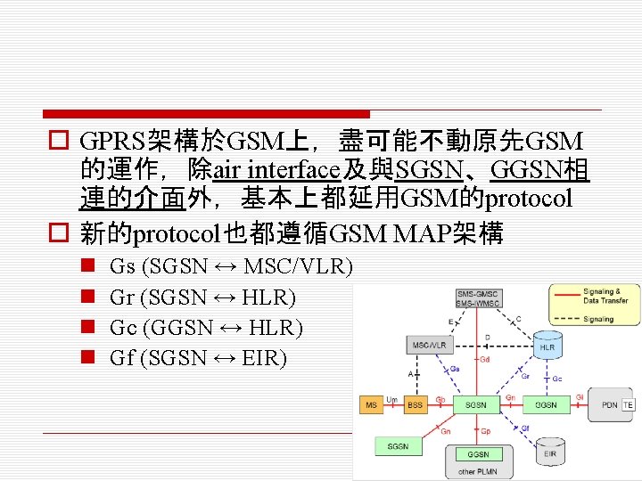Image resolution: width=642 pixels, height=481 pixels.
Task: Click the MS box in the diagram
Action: click(371, 405)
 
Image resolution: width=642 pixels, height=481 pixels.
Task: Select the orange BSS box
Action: click(415, 405)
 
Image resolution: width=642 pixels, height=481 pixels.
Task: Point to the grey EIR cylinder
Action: click(550, 453)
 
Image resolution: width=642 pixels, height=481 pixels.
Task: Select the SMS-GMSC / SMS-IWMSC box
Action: click(477, 298)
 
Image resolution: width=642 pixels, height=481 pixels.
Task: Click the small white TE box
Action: click(627, 405)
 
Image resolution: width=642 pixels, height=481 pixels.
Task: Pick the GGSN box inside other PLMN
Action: click(478, 454)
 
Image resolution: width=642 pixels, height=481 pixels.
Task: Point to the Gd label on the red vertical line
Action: click(485, 361)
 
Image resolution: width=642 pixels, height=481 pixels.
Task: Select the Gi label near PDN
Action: click(580, 397)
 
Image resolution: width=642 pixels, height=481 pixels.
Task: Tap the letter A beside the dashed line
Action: click(411, 374)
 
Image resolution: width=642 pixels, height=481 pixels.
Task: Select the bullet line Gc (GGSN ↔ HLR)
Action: click(205, 328)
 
